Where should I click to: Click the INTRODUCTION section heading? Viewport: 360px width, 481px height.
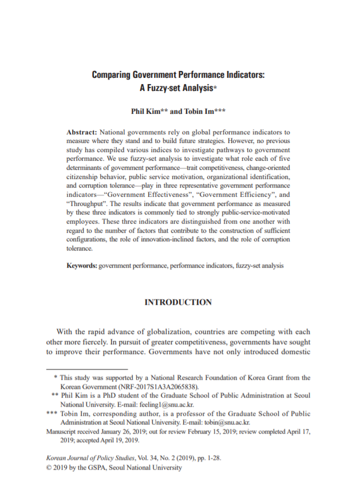(178, 302)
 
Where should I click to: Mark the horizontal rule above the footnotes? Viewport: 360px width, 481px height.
(86, 369)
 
